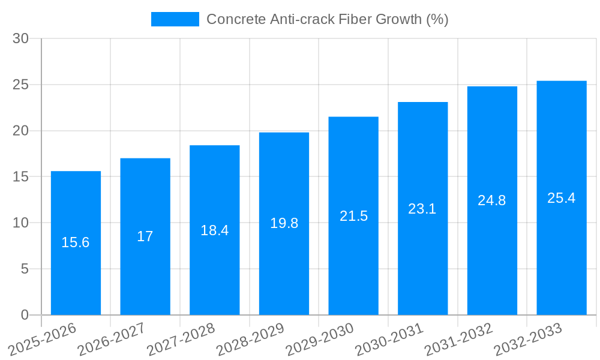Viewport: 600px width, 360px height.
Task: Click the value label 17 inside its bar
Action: point(145,236)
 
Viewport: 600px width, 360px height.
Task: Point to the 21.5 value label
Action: point(353,216)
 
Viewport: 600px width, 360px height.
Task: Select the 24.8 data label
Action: point(492,201)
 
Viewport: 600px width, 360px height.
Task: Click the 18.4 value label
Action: point(215,230)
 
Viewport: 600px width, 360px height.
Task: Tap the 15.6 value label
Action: point(76,243)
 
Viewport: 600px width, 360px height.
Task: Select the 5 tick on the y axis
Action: point(25,269)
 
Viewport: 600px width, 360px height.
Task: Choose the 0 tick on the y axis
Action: point(25,315)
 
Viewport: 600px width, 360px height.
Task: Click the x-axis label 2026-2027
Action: point(111,338)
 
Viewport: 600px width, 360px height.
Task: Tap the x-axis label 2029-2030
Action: point(319,338)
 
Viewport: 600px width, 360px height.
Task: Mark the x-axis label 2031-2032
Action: point(458,338)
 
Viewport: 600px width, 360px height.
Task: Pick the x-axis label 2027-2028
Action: point(180,338)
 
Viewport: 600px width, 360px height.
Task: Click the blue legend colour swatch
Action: point(175,19)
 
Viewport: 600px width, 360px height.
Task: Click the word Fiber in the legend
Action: point(356,19)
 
